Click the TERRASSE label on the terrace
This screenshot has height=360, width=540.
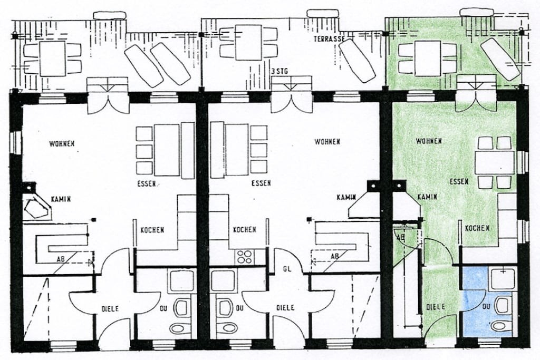coord(329,39)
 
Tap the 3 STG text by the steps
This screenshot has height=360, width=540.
coord(279,72)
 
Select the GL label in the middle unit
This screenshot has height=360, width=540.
coord(287,269)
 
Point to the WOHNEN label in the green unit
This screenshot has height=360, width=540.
coord(429,141)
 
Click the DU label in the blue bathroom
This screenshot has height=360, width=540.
coord(486,306)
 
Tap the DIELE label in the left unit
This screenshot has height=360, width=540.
coord(110,309)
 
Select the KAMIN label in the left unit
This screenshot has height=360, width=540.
coord(61,199)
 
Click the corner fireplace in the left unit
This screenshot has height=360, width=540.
coord(36,208)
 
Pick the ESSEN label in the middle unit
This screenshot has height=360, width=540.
coord(261,183)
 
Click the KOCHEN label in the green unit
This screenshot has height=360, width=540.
coord(477,228)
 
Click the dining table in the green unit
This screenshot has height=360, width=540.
coord(494,163)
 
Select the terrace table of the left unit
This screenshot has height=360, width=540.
coord(52,59)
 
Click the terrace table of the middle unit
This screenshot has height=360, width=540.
coord(248,43)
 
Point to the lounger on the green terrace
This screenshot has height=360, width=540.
coord(500,59)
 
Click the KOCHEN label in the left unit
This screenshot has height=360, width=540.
coord(152,230)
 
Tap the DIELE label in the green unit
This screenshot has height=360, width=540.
coord(436,307)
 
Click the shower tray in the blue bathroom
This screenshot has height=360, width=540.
coord(503,279)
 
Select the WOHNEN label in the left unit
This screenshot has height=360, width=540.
coord(62,143)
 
